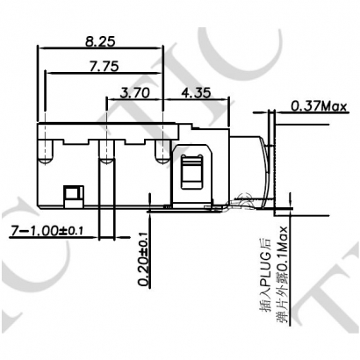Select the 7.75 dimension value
(103, 66)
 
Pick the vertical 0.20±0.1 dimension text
(143, 260)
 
